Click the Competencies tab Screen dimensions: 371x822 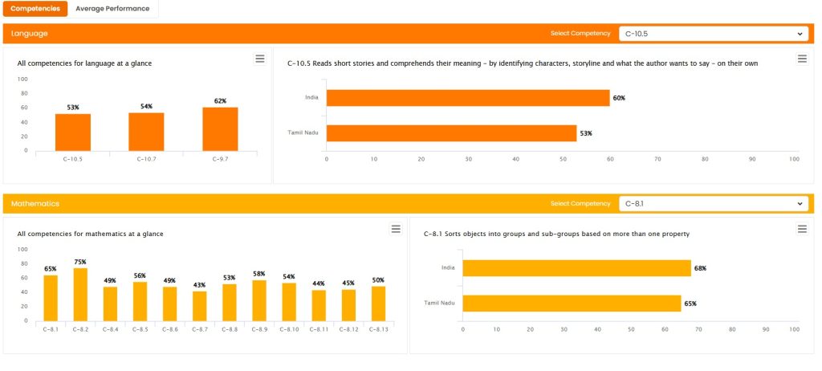[35, 9]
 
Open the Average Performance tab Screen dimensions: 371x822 [112, 9]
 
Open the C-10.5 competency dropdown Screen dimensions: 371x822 [713, 34]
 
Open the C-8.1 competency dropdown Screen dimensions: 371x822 [713, 204]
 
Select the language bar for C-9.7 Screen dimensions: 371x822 [220, 128]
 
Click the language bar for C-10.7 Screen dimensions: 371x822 [146, 131]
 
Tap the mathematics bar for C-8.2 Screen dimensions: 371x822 [80, 295]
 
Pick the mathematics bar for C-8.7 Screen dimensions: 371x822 [200, 306]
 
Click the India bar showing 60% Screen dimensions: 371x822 [468, 98]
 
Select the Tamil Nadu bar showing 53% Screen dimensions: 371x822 [451, 133]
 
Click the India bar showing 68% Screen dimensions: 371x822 [576, 268]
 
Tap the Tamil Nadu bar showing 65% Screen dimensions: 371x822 [572, 304]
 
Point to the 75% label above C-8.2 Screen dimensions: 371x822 [80, 262]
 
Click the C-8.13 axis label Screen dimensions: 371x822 [378, 329]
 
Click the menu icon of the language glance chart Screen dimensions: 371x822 [259, 59]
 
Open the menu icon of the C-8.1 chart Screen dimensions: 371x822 [801, 230]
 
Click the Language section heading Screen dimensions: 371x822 [30, 34]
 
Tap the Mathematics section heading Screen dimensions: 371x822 [35, 204]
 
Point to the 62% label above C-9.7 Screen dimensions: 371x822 [220, 101]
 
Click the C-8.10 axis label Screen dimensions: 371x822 [289, 329]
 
